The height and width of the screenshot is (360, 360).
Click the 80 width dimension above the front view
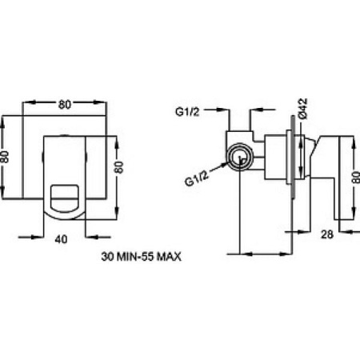65,105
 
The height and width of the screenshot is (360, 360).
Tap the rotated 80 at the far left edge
5,157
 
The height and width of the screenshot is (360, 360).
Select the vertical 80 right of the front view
119,167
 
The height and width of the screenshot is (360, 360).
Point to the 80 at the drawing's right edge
356,177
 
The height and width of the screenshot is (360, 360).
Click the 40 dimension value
61,239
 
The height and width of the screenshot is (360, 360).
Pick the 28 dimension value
327,234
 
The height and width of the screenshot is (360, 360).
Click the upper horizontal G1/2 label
187,111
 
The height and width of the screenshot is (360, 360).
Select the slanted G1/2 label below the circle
196,178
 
